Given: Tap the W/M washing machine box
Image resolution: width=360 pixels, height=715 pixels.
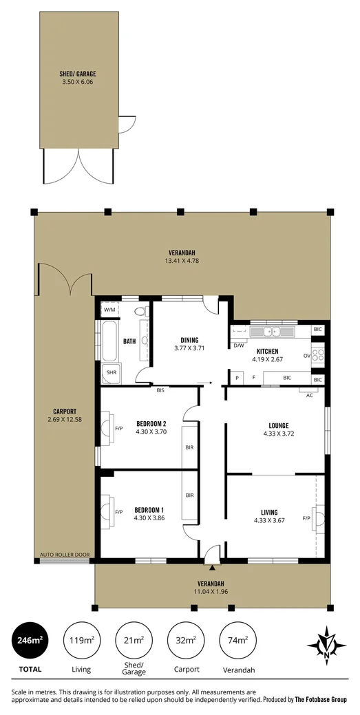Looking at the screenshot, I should coord(109,310).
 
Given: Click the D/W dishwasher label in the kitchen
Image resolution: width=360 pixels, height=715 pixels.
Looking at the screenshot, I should coord(239,345).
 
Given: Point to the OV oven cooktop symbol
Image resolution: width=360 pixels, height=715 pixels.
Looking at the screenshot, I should coord(318,356).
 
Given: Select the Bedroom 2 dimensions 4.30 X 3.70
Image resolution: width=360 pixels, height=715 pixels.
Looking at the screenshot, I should coord(151,432).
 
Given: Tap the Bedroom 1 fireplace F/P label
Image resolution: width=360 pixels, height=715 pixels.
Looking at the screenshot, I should coord(118,512).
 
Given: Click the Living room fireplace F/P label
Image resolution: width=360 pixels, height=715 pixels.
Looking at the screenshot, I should coord(306,517).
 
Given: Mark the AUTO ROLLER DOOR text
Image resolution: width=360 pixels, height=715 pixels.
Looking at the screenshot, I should coord(65,554).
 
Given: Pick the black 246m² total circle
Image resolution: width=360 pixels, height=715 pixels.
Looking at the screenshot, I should coord(30,640).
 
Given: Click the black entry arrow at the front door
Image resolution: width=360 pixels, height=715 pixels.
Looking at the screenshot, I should coord(213,568).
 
